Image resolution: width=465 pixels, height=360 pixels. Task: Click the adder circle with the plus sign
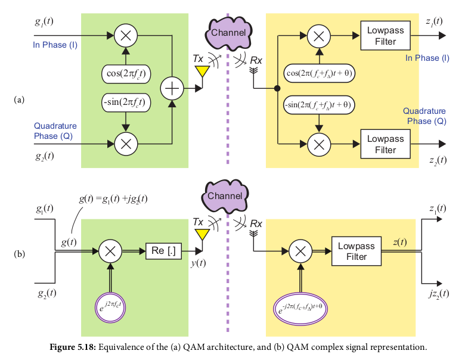(x=172, y=89)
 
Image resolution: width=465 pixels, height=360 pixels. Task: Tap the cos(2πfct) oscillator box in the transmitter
(x=126, y=75)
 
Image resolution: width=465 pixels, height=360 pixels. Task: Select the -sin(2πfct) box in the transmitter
(x=126, y=103)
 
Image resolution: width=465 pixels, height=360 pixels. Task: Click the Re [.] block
(x=163, y=252)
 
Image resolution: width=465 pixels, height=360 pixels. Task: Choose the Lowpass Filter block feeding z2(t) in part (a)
(x=385, y=144)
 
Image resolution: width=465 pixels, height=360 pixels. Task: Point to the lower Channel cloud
(x=227, y=194)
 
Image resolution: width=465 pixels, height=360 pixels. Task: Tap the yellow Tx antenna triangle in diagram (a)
(x=203, y=71)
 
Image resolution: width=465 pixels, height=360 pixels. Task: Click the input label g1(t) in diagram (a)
(x=45, y=22)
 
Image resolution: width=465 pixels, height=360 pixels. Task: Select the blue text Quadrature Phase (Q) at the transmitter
(x=55, y=131)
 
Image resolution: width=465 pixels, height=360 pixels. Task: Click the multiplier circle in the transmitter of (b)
(x=110, y=252)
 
